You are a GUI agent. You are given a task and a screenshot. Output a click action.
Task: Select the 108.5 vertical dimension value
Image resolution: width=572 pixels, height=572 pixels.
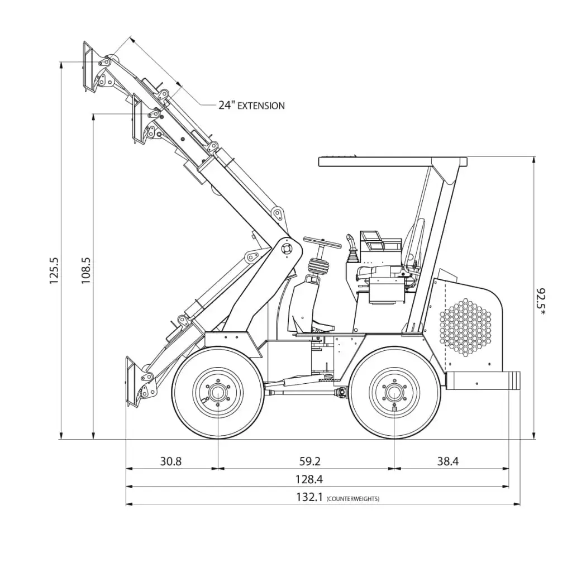[x=86, y=270]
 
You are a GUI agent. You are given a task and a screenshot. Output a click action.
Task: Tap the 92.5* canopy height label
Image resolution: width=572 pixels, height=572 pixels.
[x=541, y=302]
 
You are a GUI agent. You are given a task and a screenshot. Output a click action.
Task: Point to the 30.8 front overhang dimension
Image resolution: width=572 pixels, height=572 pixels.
[x=171, y=461]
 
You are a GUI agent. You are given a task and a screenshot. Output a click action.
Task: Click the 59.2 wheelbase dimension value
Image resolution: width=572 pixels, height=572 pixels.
[x=310, y=461]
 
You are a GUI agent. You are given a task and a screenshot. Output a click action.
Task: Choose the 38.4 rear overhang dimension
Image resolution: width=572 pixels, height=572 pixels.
[x=447, y=461]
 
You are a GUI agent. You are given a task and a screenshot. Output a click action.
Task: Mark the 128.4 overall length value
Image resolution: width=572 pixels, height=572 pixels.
[x=309, y=479]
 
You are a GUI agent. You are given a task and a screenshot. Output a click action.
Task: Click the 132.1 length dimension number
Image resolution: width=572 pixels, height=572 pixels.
[x=308, y=497]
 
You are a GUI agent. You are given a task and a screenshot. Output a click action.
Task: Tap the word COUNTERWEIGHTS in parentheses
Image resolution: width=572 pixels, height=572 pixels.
[x=353, y=498]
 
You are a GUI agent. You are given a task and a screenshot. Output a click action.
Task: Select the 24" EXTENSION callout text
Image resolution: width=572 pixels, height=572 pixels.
[x=251, y=105]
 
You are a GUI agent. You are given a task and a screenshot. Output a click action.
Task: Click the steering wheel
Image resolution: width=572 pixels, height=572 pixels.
[x=322, y=244]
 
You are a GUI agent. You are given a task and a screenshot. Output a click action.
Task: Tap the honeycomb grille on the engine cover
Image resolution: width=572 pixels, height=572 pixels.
[x=465, y=326]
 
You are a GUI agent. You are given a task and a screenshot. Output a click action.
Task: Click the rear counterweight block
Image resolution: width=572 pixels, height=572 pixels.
[x=484, y=380]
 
